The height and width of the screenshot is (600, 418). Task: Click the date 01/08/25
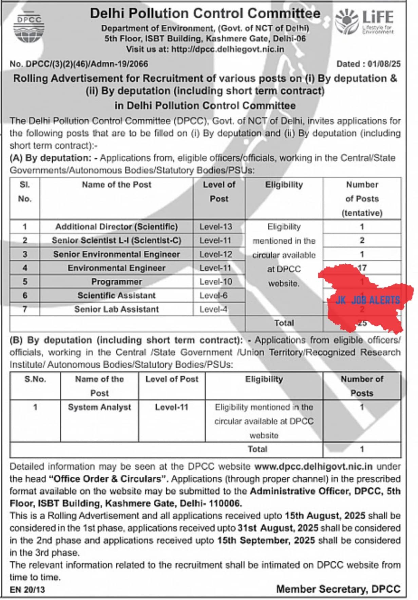pos(384,64)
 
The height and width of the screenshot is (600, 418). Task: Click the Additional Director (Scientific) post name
pos(116,226)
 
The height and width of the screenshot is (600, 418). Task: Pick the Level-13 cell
pos(216,226)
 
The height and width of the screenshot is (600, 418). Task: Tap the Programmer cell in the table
pos(116,282)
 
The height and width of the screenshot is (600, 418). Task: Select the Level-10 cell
pos(216,282)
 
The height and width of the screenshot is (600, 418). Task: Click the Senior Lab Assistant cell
pos(116,309)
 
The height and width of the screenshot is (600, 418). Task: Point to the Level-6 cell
pos(213,296)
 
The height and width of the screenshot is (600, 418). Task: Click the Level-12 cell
pos(216,254)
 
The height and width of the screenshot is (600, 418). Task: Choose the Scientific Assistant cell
pos(116,296)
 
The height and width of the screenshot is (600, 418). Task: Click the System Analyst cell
pos(99,407)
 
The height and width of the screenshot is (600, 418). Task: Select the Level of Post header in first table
pos(219,192)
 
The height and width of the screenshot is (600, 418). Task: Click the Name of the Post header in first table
pos(116,185)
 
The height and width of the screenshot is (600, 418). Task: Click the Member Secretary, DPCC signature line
pos(338,589)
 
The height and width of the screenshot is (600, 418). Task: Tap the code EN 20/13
pos(27,590)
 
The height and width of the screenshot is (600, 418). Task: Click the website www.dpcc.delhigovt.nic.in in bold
pos(313,467)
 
